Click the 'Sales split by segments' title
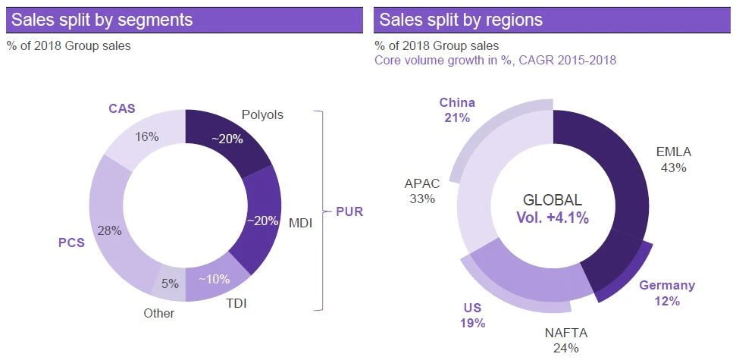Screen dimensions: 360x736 pos(102,20)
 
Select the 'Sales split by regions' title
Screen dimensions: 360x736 pos(461,20)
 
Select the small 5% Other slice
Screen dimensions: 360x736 pos(170,284)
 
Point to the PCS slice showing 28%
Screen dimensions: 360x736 pos(112,230)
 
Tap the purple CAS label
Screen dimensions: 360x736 pos(121,108)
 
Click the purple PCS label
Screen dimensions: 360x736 pos(71,243)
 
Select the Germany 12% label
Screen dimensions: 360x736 pos(667,293)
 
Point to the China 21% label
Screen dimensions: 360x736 pos(457,110)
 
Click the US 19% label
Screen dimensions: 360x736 pos(472,315)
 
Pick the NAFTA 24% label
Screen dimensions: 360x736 pos(566,340)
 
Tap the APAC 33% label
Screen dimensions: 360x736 pos(421,191)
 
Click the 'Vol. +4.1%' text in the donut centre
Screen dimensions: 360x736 pos(553,218)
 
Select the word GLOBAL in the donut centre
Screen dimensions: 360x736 pos(553,201)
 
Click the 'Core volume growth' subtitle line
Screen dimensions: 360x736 pos(495,60)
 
